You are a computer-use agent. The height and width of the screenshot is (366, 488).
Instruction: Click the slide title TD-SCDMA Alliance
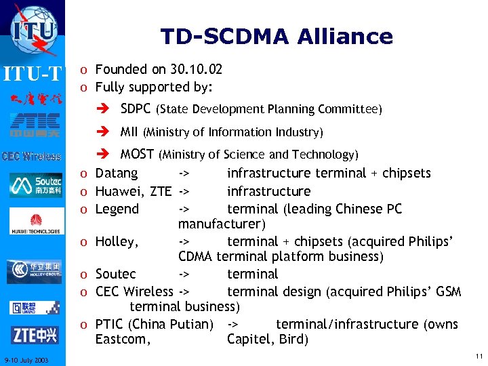(x=277, y=36)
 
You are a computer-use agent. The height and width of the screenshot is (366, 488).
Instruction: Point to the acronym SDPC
(x=136, y=109)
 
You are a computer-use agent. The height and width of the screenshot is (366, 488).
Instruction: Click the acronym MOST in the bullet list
(x=137, y=155)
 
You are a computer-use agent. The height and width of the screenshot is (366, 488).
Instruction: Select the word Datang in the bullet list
(x=117, y=173)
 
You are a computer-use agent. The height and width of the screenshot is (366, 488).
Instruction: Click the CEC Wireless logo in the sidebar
(x=31, y=157)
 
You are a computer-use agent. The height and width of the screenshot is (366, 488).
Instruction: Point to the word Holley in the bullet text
(x=116, y=241)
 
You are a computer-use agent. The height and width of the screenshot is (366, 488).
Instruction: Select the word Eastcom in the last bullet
(x=122, y=340)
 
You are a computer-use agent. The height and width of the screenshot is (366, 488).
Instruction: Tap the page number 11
(x=479, y=356)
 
